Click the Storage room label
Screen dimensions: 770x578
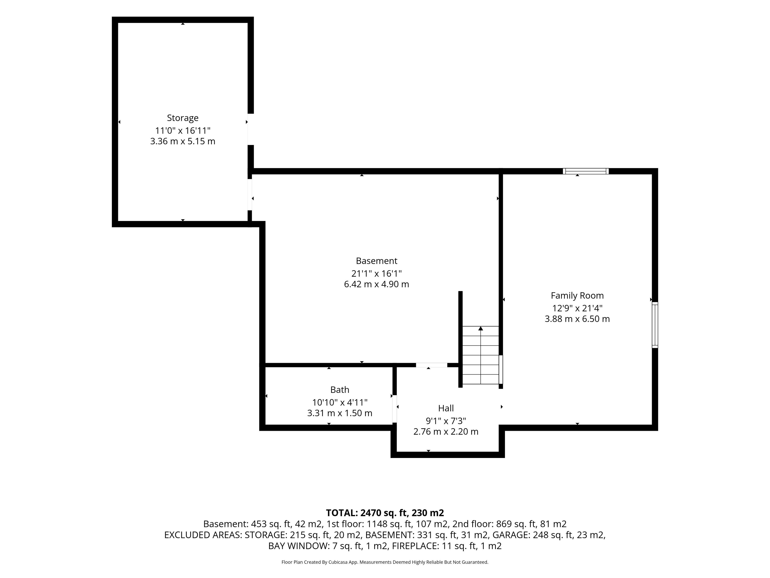183,118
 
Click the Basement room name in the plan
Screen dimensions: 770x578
376,261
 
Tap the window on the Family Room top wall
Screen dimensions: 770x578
586,171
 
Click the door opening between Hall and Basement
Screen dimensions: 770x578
432,365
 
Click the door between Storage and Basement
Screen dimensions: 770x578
250,195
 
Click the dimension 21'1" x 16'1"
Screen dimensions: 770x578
376,274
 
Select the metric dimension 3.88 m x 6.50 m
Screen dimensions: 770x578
577,319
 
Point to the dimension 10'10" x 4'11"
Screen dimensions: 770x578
340,402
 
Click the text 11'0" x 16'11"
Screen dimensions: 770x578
183,131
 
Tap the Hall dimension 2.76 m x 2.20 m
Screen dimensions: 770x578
446,432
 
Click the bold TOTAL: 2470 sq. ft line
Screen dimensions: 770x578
385,513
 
